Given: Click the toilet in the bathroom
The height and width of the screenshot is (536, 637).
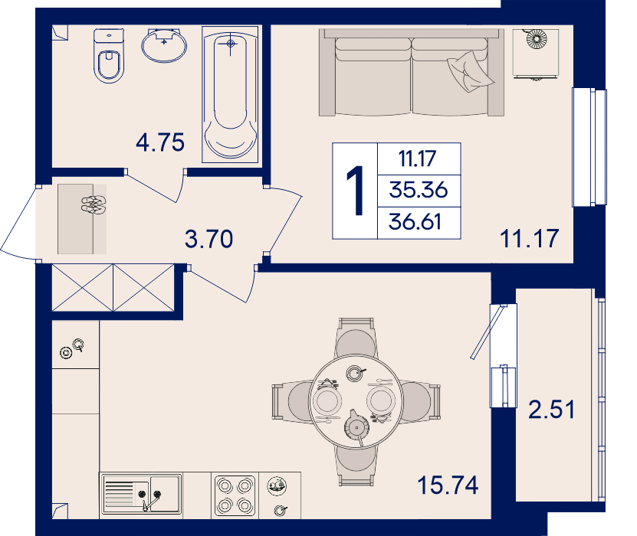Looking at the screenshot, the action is coord(109,56).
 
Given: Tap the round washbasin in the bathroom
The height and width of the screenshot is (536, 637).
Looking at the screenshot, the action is coord(164,45).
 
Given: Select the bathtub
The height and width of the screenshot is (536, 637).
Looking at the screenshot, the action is coord(230,94).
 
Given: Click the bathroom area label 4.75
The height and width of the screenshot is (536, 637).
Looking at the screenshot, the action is coord(160,142).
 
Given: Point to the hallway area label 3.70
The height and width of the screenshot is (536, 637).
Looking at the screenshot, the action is coord(209,239).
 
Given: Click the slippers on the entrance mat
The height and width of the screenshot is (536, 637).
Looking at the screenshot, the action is coord(94,204).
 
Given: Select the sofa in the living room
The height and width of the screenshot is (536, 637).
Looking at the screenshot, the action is coord(412,73).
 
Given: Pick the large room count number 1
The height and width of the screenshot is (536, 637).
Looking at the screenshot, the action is coord(356,191).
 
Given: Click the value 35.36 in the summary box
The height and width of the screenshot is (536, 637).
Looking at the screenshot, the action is coord(419,190).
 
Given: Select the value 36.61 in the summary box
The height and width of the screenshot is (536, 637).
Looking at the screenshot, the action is coord(415,222).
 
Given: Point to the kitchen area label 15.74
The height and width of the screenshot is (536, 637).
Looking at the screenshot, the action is coord(448,485).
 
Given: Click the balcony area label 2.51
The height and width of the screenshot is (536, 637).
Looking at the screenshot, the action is coord(552,409).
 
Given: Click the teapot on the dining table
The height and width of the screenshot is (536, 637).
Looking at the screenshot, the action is coord(356,427).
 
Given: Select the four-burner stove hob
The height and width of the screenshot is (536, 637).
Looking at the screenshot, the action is coord(235,495).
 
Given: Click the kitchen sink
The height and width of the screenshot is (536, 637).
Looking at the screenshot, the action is coord(141,494).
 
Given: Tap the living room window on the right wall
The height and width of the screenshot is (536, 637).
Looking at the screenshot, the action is coord(589,147).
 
